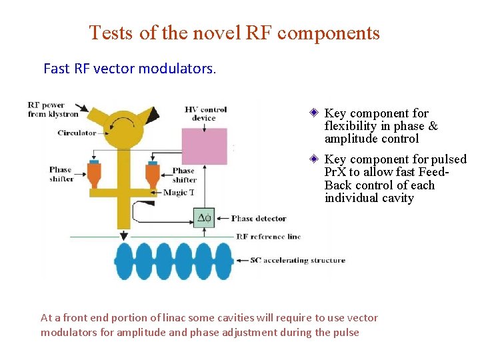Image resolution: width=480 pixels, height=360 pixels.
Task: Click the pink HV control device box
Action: [204, 146]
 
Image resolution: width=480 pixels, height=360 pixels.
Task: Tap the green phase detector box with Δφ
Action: [205, 218]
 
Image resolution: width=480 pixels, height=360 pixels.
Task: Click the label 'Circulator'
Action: [77, 133]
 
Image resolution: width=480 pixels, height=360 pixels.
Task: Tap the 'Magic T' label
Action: [179, 193]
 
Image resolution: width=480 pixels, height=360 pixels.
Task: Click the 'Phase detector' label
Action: [259, 219]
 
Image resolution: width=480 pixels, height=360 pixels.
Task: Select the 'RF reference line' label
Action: [269, 237]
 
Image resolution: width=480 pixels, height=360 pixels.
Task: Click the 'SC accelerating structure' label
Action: [298, 261]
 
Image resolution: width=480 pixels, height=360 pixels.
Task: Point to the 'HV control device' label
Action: [205, 113]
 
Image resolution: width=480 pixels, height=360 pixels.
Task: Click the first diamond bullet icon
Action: [313, 113]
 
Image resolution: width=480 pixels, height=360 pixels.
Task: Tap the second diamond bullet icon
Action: [313, 159]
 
